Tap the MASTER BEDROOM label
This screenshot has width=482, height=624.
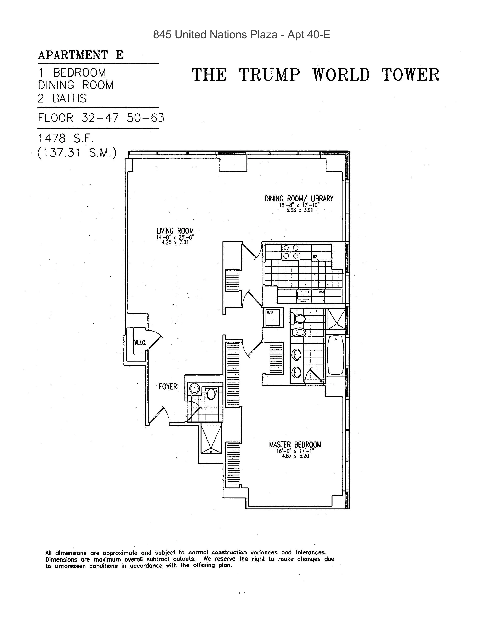295,445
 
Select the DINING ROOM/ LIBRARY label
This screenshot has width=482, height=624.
299,199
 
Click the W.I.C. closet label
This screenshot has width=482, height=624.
140,343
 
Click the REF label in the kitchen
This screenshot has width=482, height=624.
315,257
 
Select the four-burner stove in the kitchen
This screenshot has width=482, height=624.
291,252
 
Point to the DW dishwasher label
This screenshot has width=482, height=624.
321,292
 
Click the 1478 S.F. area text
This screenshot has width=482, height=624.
66,139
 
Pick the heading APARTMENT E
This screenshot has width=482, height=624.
81,55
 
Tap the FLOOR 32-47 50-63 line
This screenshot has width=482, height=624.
101,118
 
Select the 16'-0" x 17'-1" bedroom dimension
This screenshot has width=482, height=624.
295,451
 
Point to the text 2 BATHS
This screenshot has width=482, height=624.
62,99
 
